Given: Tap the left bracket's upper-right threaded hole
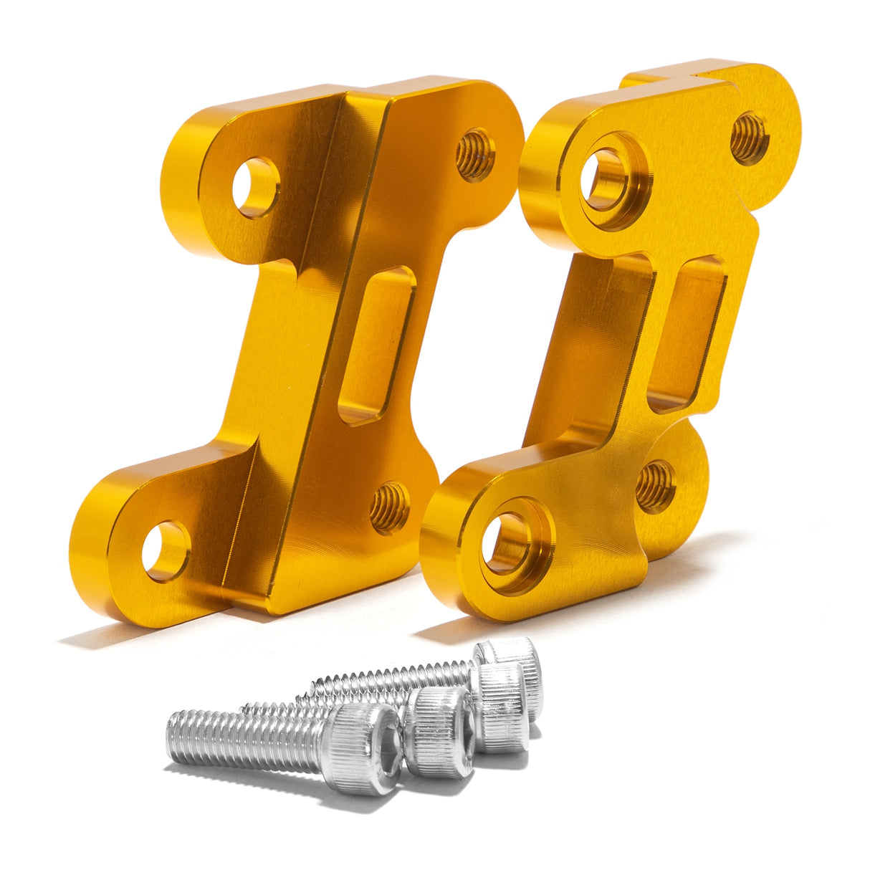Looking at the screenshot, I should click(x=475, y=154).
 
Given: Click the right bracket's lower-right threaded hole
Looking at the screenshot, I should click(x=656, y=486).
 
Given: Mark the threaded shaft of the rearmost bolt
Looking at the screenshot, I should click(x=394, y=675).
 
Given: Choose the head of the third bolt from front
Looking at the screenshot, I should click(x=502, y=706).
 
